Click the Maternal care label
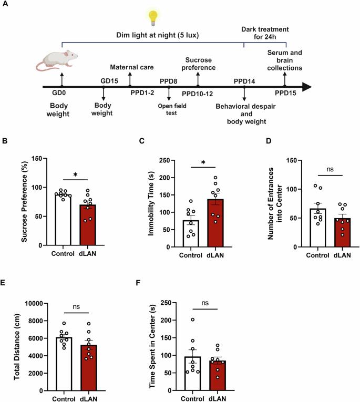point(130,67)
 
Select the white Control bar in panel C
point(188,225)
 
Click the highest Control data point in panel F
point(192,319)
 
